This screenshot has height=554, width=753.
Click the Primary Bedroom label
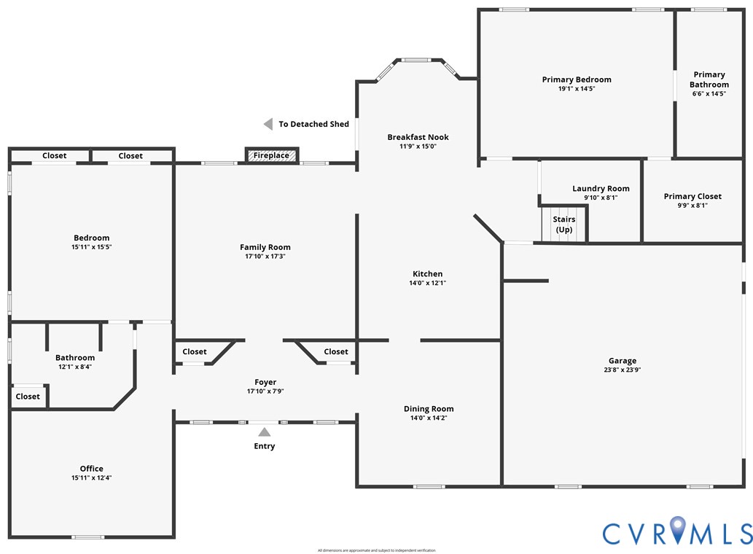coord(577,79)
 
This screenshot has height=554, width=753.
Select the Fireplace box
coord(272,155)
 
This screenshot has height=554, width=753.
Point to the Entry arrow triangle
coord(264,432)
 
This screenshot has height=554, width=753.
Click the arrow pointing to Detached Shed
coord(268,125)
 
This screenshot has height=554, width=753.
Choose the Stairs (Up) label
coord(564,225)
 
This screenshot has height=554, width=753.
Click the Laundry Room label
coord(601,189)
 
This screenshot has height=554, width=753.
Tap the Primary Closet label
coord(692,196)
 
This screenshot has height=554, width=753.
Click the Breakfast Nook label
coord(418,137)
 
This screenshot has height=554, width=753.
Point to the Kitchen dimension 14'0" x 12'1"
coord(427,283)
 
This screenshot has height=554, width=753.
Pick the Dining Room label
coord(429,409)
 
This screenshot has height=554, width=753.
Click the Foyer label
coord(265,382)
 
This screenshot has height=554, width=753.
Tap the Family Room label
coord(265,247)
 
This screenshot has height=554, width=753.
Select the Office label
coord(91,469)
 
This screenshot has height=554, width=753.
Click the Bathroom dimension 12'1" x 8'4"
coord(75,367)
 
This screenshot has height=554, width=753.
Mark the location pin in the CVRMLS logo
coord(678,529)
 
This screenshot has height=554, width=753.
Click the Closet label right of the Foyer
coord(336,351)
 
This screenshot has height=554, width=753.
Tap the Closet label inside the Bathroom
coord(28,397)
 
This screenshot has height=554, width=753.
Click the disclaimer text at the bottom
coord(376,550)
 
